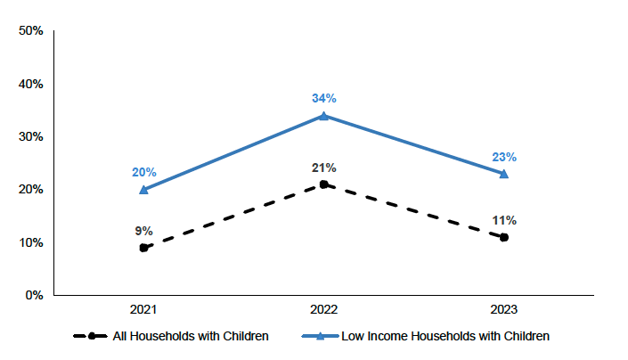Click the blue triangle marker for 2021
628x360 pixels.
click(144, 189)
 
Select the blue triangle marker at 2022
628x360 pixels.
click(324, 115)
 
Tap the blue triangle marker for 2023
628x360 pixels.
click(504, 173)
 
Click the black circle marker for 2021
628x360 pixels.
click(144, 248)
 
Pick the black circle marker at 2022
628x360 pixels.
click(324, 184)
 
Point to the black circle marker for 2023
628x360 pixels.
click(504, 237)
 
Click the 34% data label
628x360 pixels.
click(324, 98)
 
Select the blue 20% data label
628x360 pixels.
click(144, 172)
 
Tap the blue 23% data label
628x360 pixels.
click(504, 157)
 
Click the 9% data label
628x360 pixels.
click(144, 231)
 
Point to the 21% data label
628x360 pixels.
click(324, 168)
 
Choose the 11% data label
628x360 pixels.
click(504, 220)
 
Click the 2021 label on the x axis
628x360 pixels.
click(144, 310)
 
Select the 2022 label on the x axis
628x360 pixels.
click(324, 310)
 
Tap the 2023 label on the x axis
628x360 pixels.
click(504, 310)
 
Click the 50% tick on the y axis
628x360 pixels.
click(32, 31)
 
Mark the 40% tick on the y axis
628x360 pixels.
click(32, 84)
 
